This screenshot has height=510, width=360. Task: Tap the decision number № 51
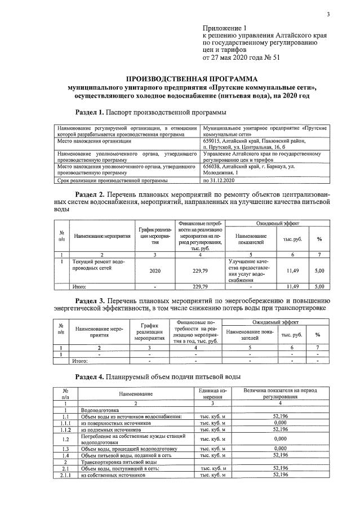click(x=270, y=57)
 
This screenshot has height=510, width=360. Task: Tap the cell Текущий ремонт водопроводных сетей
click(x=99, y=265)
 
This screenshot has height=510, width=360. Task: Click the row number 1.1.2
click(x=66, y=429)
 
